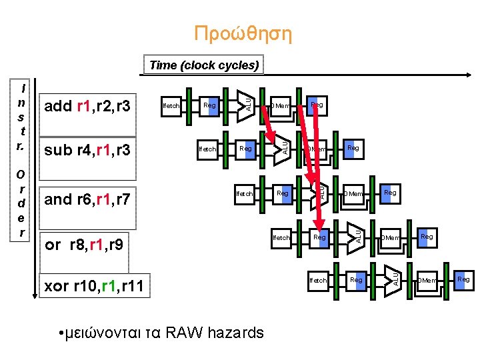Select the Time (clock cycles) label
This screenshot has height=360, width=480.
(x=204, y=65)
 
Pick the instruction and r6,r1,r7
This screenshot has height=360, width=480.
(x=89, y=198)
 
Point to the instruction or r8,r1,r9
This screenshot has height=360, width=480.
(x=83, y=245)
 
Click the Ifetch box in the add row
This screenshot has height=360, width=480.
(x=171, y=105)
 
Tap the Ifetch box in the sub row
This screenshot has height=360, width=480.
(x=208, y=149)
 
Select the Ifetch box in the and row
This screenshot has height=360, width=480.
(x=245, y=193)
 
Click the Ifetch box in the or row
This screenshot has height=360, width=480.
(x=282, y=237)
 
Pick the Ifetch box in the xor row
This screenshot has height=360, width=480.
(x=319, y=280)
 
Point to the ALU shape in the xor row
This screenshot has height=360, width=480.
(x=393, y=277)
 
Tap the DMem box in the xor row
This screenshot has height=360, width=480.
(x=427, y=281)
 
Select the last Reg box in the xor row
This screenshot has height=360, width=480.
(x=463, y=279)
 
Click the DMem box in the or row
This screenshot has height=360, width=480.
(x=390, y=237)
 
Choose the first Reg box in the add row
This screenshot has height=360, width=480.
(x=209, y=105)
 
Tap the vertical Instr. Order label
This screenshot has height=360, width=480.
(x=23, y=160)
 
